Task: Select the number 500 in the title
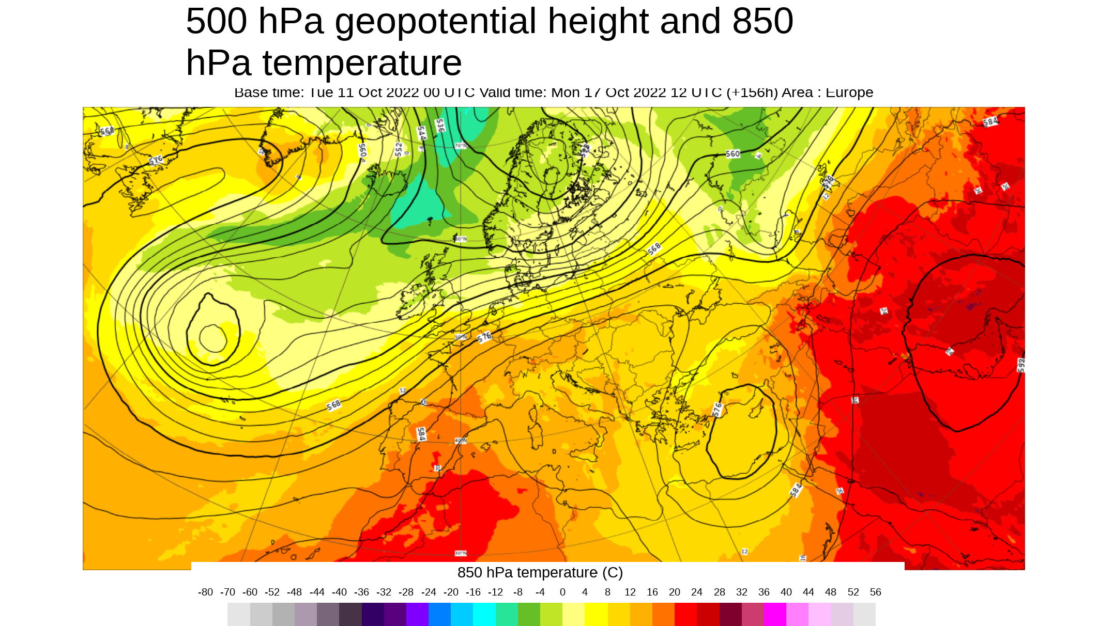click(216, 22)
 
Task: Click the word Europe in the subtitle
click(849, 92)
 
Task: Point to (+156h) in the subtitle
click(752, 92)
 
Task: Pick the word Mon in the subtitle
click(566, 92)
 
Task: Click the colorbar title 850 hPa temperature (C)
click(540, 573)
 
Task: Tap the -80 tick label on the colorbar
click(205, 592)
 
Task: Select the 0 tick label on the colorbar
click(562, 592)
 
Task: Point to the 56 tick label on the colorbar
click(875, 592)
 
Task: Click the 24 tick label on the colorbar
click(697, 592)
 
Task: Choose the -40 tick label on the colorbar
click(339, 592)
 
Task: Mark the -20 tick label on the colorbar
click(451, 592)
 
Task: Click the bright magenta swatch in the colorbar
click(775, 615)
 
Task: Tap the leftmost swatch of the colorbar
click(239, 615)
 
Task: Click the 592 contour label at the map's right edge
click(1020, 365)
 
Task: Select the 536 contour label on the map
click(440, 126)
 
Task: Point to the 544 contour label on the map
click(422, 133)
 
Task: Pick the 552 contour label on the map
click(399, 149)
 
